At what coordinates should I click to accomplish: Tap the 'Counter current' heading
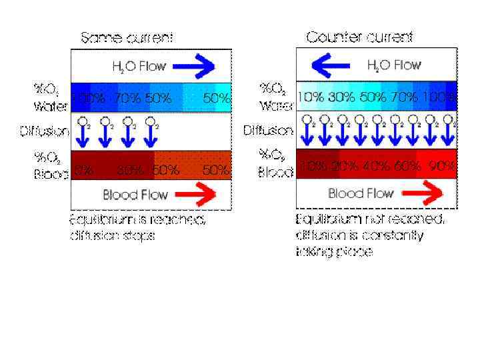coord(359,37)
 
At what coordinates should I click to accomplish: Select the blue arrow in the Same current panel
coord(195,65)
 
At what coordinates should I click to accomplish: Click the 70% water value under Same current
coord(127,98)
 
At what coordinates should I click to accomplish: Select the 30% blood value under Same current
coord(130,170)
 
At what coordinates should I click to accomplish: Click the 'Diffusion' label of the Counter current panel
coord(268,129)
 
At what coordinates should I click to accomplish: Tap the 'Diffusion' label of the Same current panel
coord(45,131)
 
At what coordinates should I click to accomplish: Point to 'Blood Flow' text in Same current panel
coord(136,195)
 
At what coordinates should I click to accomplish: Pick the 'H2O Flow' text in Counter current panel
coord(393,65)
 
